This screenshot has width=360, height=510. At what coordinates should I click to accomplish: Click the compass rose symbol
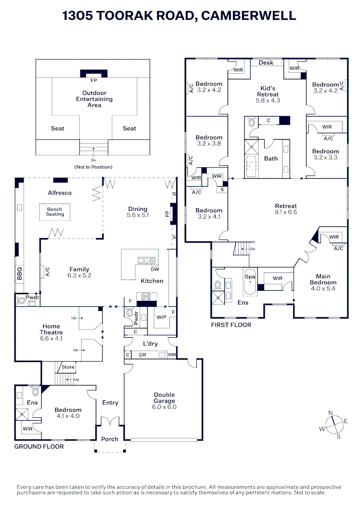coord(335,425)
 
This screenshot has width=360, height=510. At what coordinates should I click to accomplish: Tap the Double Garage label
coord(164,398)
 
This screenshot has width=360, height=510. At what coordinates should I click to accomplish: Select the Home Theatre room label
coord(51,329)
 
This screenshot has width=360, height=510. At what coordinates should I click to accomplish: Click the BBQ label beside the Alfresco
coord(19,273)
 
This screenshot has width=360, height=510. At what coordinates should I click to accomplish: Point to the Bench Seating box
coord(55,212)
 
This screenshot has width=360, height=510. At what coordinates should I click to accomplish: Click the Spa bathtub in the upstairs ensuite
coord(250,281)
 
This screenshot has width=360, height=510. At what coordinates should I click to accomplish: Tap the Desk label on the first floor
coord(266,62)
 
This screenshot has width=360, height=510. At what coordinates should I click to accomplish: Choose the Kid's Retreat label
coord(268,91)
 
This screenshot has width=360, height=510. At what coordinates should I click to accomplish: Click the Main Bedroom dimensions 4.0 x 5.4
coord(323,289)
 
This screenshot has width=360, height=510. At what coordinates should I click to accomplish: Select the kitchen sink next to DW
coord(146,261)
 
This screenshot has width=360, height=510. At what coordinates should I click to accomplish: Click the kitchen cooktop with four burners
coord(146,297)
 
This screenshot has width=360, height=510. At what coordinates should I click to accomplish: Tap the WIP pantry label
coord(161,317)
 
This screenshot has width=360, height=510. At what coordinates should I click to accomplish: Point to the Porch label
coord(110,439)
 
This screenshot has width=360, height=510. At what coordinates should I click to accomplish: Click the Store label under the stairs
coord(68,367)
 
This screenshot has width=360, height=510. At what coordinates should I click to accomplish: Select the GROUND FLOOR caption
coord(39,447)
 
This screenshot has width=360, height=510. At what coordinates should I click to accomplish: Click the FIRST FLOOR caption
coord(231,324)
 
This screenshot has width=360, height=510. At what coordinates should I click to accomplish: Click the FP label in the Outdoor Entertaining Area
coord(93,80)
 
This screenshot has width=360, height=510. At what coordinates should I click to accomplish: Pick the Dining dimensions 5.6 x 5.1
coord(138,215)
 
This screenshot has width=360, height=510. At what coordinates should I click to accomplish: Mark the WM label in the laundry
coord(172,355)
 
